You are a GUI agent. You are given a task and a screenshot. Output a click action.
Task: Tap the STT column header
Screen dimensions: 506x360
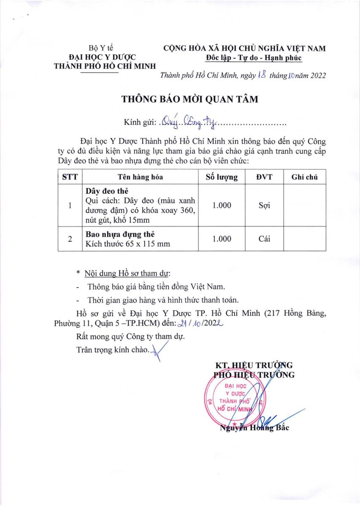click(x=70, y=177)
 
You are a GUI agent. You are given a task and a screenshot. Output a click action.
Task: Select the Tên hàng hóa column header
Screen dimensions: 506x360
click(x=141, y=177)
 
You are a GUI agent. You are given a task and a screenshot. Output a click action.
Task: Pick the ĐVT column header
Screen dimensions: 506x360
click(x=264, y=177)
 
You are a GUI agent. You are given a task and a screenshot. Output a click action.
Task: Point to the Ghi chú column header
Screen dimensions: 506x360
click(x=304, y=177)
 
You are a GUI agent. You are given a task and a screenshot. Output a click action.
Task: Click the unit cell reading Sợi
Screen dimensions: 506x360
click(x=264, y=205)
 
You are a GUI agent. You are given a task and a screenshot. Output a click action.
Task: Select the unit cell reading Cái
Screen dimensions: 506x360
click(x=264, y=239)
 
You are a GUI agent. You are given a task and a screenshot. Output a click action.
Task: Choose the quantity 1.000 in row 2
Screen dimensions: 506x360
click(x=222, y=239)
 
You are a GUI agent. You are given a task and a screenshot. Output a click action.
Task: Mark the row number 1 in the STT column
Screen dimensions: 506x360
click(x=70, y=205)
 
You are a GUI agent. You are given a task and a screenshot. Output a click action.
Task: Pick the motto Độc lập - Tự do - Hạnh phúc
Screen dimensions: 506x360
click(x=254, y=58)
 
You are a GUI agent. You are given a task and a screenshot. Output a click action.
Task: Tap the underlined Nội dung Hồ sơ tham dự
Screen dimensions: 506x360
click(x=127, y=274)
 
